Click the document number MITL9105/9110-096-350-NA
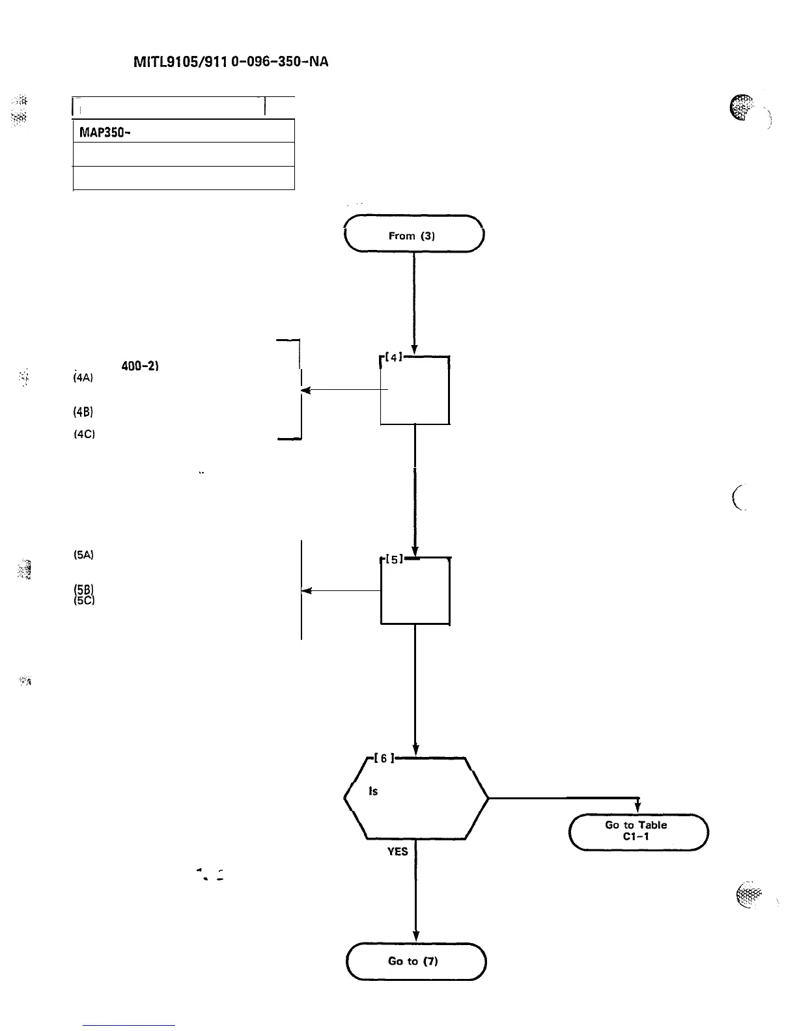coord(231,62)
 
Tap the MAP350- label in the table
coord(103,131)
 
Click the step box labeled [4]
coord(415,391)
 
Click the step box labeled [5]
coord(415,591)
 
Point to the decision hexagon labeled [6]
coord(415,799)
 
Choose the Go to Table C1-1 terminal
coord(638,831)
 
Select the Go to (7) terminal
coord(415,961)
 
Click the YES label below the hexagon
coord(397,851)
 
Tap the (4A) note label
coord(84,378)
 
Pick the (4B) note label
coord(84,411)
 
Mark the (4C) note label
coord(84,434)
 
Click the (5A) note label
coord(84,555)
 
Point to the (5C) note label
coord(84,601)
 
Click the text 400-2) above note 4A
coord(141,366)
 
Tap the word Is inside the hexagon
coord(373,791)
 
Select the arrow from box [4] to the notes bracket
coord(342,391)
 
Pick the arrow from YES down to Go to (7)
coord(415,898)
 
